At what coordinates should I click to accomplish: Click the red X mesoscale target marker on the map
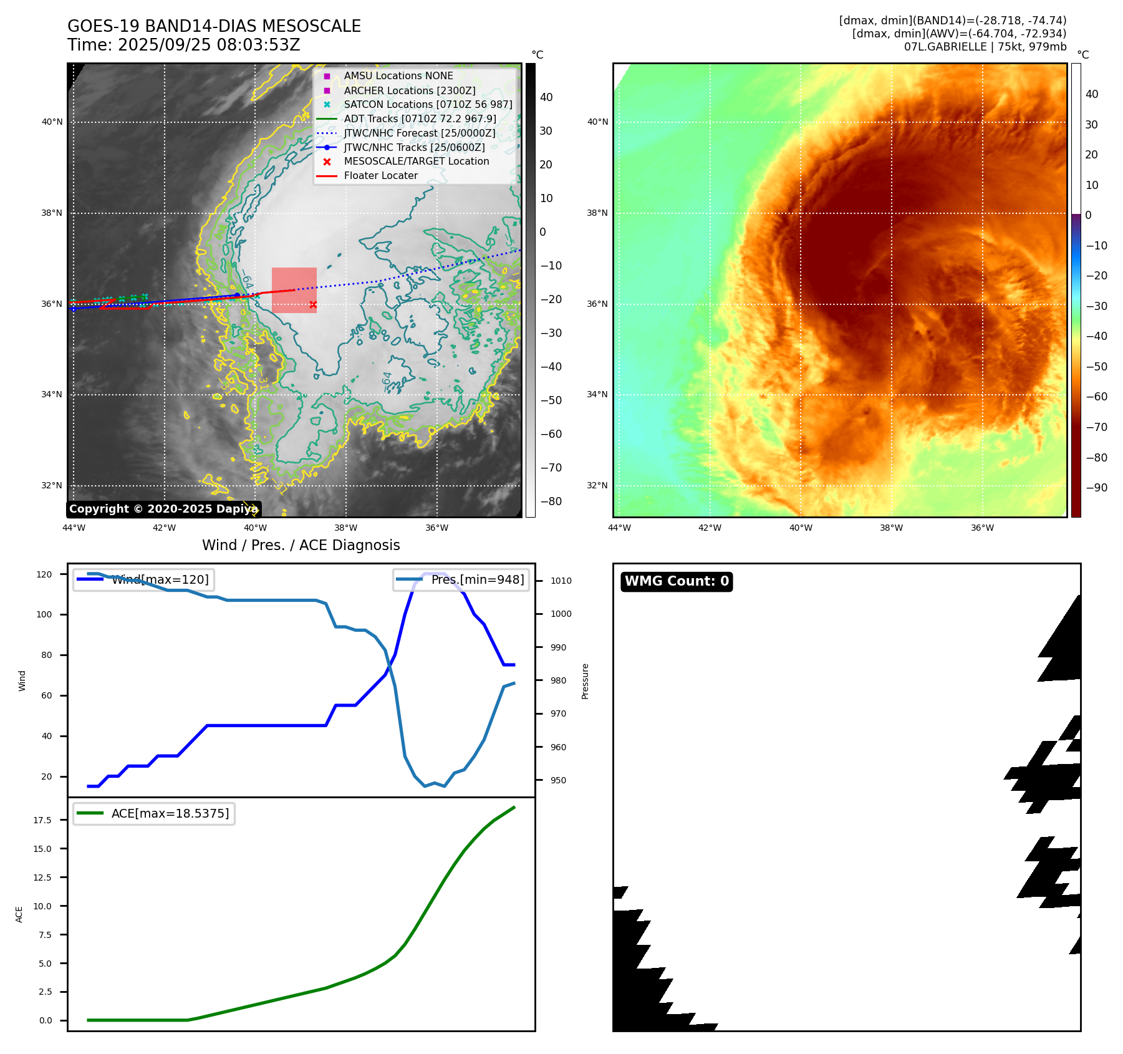313,305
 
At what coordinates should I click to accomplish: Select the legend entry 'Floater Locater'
380,176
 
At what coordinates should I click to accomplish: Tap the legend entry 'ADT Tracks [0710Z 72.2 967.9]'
420,119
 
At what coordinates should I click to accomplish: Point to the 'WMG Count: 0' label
677,581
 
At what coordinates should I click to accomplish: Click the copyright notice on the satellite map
163,509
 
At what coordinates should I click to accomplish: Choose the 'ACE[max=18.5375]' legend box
154,813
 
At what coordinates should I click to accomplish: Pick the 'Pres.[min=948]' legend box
461,580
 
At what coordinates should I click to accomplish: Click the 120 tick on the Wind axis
44,574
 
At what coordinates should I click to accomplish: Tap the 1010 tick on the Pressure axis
561,581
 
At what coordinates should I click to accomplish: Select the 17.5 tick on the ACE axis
42,820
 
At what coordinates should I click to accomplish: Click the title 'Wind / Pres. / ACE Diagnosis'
301,546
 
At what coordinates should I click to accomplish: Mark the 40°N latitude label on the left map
52,122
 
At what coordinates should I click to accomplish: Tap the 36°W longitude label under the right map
982,528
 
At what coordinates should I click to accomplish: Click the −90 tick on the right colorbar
1096,488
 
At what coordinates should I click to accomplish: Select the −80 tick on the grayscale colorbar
551,501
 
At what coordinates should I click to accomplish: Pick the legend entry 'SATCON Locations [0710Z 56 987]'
428,105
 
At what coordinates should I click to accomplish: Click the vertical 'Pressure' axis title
585,681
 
